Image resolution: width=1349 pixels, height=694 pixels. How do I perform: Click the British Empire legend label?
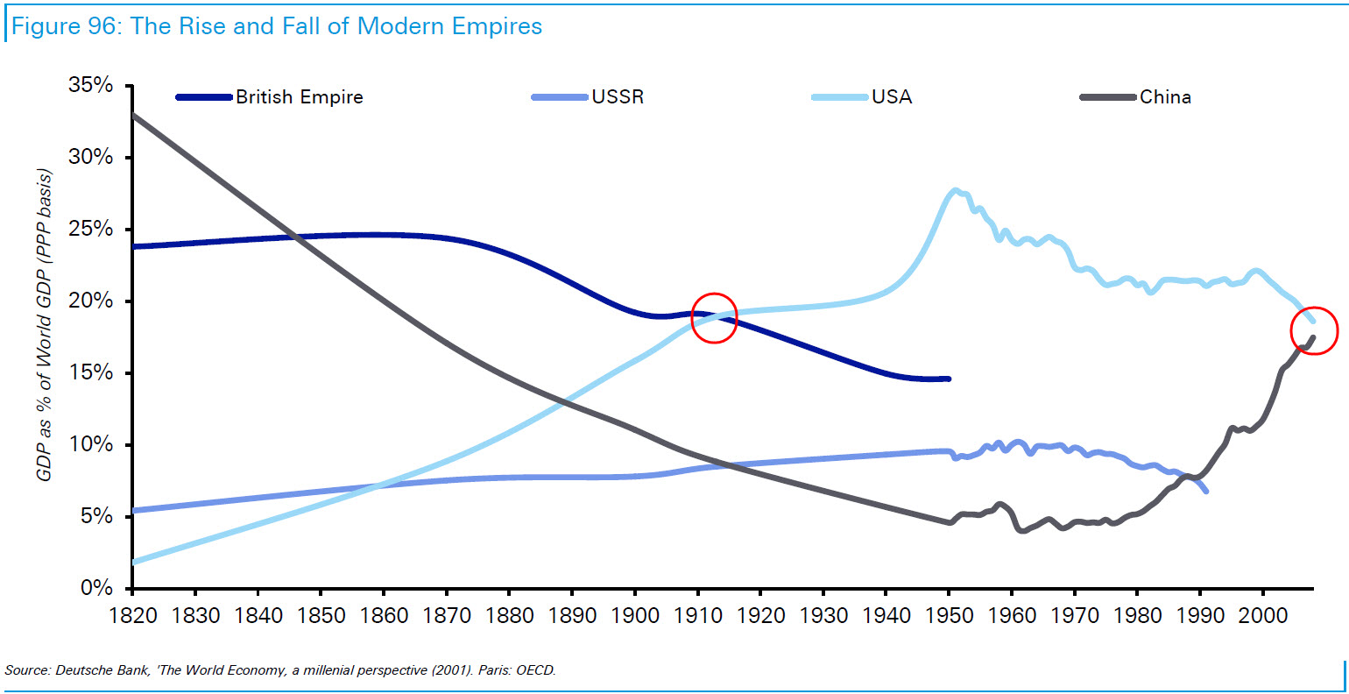[x=299, y=97]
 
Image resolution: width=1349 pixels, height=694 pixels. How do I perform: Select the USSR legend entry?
[x=618, y=97]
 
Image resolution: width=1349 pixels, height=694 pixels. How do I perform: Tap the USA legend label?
[x=891, y=97]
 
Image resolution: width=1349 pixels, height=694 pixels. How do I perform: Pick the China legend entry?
[x=1165, y=97]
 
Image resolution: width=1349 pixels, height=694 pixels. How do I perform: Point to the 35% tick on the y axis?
[x=91, y=86]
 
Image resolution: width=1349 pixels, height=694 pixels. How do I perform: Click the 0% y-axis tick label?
[x=96, y=588]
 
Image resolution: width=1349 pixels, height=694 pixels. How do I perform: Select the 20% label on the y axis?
[x=91, y=301]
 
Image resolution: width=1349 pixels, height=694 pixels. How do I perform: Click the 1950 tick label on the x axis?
[x=950, y=615]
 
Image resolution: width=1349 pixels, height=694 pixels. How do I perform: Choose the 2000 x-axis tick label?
[x=1263, y=615]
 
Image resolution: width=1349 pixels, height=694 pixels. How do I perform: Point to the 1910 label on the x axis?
[x=698, y=615]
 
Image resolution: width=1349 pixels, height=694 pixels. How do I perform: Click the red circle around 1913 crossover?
[x=714, y=317]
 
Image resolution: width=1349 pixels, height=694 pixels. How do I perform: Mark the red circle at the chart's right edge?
[x=1314, y=330]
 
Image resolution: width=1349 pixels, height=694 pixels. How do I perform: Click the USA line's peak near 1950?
[x=956, y=190]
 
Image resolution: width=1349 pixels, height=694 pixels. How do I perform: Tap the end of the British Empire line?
[x=949, y=379]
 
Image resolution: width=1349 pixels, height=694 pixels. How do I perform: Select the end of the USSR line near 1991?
[x=1207, y=491]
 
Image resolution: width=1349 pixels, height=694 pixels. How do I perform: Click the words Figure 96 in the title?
[x=66, y=26]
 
